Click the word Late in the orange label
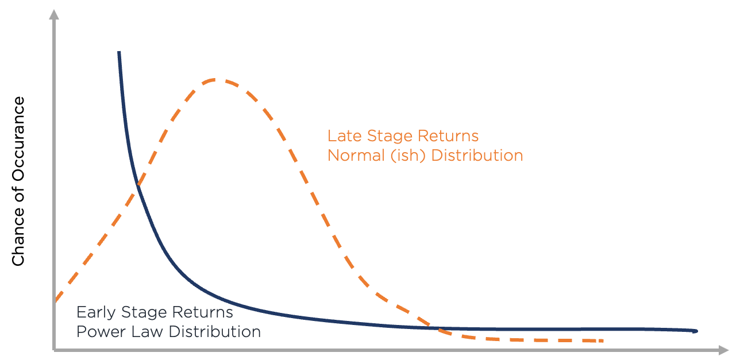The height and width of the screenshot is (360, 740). pos(341,136)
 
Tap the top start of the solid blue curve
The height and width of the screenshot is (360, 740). pos(119,53)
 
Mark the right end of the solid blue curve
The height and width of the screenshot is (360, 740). pos(696,331)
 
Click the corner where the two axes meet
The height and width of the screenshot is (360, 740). pos(54,349)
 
